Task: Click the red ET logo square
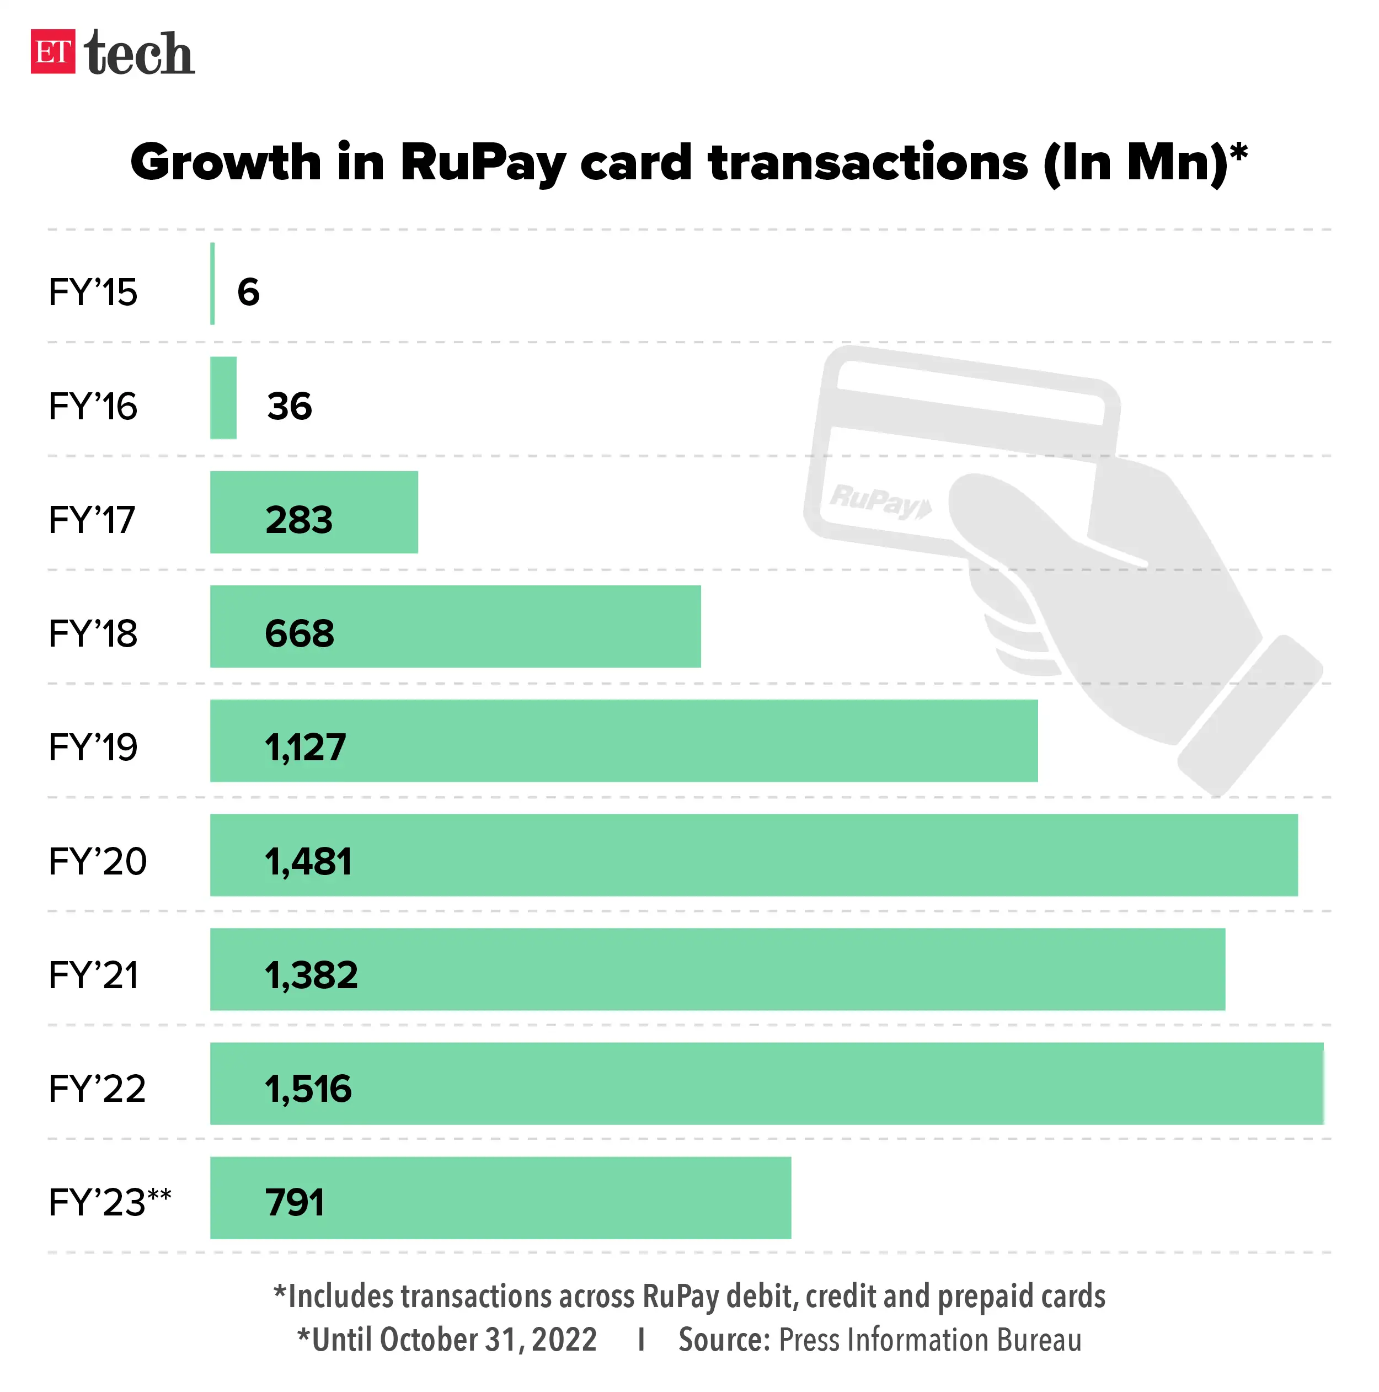coord(52,52)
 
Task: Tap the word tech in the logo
coord(139,54)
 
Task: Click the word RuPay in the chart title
coord(482,163)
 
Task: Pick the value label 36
coord(289,407)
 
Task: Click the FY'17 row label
coord(92,520)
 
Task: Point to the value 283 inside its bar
coord(299,520)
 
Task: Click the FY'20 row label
coord(97,862)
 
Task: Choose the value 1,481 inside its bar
coord(308,862)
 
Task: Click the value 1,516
coord(308,1089)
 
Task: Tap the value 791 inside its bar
coord(295,1203)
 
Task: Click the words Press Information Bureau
coord(929,1340)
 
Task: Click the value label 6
coord(248,292)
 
